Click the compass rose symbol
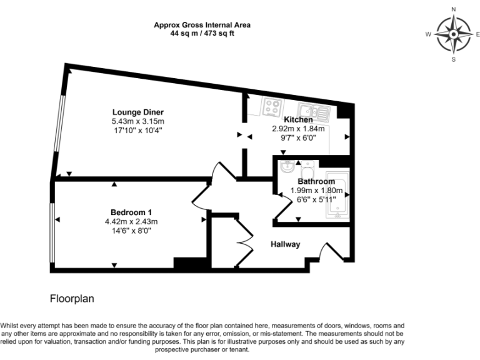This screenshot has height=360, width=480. [454, 34]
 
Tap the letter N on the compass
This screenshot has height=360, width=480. [454, 9]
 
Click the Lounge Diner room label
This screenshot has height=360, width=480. [137, 112]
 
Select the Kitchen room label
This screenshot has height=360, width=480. [298, 119]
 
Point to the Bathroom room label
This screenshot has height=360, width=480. [316, 182]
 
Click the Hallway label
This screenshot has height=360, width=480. [285, 244]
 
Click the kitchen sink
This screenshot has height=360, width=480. [312, 111]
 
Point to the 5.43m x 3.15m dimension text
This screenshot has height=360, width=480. [137, 121]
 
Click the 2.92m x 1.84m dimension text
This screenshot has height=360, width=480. [298, 128]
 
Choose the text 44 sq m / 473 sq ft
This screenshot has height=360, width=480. [202, 34]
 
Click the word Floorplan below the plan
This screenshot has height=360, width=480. [72, 299]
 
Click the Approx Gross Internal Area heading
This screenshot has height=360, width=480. [202, 26]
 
